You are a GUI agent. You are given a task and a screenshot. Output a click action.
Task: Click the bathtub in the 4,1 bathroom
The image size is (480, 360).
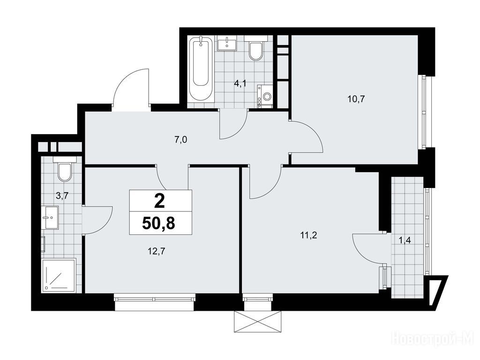201,69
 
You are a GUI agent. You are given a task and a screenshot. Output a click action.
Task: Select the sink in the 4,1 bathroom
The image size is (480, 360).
227,43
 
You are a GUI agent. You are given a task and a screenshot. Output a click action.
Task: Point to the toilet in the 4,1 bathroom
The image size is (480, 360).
256,48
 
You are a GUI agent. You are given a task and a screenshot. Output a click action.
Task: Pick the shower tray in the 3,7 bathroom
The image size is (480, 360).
59,275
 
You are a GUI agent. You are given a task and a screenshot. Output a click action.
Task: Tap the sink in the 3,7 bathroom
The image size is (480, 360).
52,217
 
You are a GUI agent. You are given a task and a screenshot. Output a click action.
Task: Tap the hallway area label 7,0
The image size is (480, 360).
180,140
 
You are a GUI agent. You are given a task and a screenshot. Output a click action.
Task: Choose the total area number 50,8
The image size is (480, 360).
158,224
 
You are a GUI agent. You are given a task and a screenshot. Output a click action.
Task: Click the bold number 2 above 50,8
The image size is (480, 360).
159,202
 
